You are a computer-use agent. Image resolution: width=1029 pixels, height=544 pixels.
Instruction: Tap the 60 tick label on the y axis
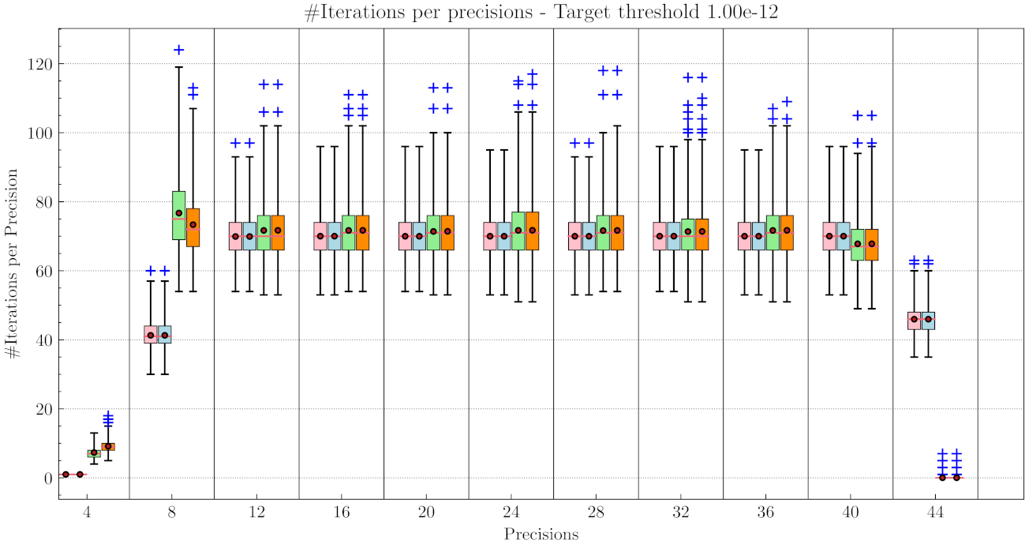pyautogui.click(x=46, y=271)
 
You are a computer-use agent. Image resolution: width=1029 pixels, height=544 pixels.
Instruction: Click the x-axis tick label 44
pyautogui.click(x=935, y=512)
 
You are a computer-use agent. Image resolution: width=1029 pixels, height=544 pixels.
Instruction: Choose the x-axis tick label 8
pyautogui.click(x=172, y=512)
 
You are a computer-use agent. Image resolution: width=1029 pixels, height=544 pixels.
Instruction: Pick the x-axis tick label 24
pyautogui.click(x=511, y=512)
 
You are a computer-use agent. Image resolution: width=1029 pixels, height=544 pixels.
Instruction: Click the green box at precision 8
pyautogui.click(x=179, y=215)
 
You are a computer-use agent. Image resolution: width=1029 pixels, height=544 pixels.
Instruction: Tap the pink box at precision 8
pyautogui.click(x=151, y=334)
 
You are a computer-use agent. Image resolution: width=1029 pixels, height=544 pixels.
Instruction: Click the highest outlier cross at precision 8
pyautogui.click(x=179, y=50)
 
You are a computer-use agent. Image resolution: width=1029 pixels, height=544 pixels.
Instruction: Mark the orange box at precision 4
pyautogui.click(x=108, y=447)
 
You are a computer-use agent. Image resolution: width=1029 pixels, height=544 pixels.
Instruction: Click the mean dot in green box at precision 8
pyautogui.click(x=179, y=213)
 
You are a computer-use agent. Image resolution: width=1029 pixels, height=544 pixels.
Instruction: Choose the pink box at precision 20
pyautogui.click(x=405, y=236)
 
